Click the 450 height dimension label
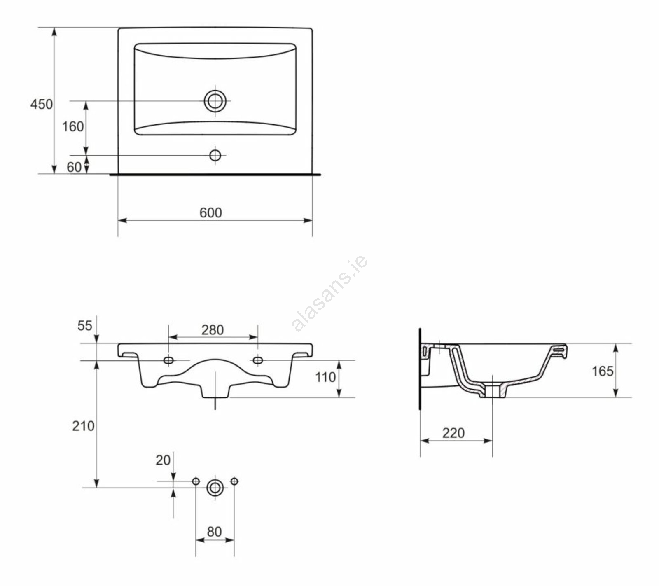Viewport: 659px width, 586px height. click(x=42, y=104)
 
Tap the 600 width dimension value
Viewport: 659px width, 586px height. click(x=210, y=212)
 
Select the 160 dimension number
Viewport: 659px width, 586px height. click(x=73, y=126)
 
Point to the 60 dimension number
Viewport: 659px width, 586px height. click(x=74, y=167)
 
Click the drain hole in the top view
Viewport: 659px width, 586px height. click(x=215, y=101)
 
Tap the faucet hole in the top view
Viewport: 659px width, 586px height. click(x=215, y=155)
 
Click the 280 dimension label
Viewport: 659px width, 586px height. click(x=213, y=330)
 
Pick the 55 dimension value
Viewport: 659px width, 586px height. click(x=85, y=326)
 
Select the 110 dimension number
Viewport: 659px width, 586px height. click(x=325, y=377)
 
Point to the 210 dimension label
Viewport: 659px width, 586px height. click(x=83, y=426)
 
